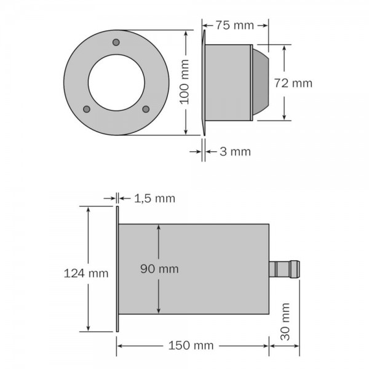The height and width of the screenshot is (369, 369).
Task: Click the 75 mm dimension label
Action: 235,25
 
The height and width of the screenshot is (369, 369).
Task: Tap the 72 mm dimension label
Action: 311,83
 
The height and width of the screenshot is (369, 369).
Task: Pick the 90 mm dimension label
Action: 159,268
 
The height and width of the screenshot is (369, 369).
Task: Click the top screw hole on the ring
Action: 116,42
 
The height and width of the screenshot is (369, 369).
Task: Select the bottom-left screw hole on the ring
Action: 86,109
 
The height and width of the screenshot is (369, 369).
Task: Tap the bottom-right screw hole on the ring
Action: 146,109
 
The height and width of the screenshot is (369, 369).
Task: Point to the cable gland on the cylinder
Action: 285,269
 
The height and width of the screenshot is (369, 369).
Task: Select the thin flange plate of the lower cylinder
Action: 116,269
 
